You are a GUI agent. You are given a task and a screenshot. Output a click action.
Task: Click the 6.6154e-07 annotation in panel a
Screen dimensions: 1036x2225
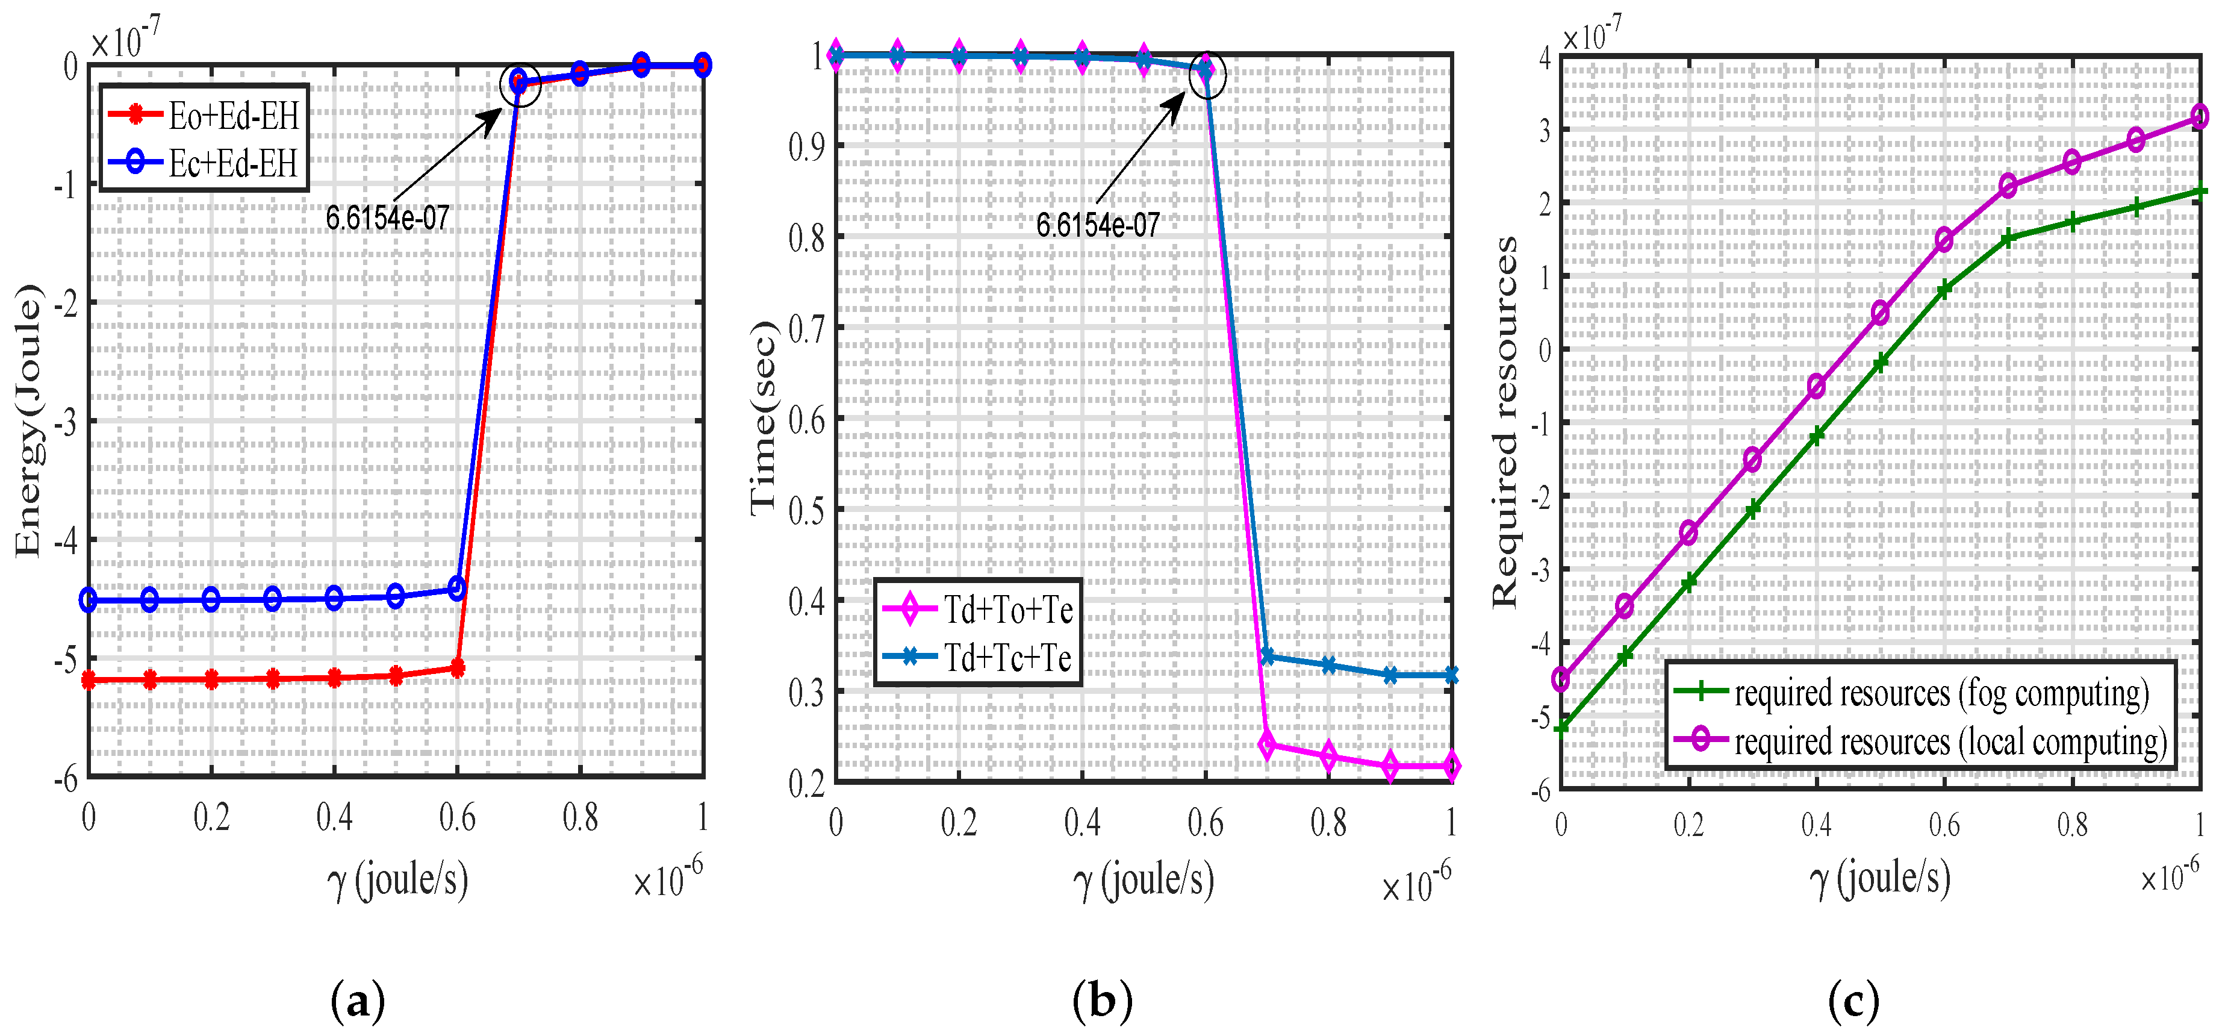click(x=387, y=218)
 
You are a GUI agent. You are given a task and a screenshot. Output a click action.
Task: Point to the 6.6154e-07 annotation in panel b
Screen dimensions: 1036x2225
click(x=1097, y=225)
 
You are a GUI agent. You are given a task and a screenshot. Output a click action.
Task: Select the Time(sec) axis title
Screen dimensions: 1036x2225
click(x=764, y=418)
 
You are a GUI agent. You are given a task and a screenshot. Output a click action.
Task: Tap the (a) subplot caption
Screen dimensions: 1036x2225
click(x=358, y=1002)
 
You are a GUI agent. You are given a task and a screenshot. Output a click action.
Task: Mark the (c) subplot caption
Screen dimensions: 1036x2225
click(x=1853, y=1002)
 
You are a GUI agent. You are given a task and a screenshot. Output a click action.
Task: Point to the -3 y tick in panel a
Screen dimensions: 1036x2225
click(x=66, y=422)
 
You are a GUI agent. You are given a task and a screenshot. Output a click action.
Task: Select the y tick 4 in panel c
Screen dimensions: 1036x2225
click(x=1545, y=57)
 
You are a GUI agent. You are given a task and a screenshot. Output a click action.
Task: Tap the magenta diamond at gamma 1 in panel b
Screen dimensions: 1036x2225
click(x=1451, y=766)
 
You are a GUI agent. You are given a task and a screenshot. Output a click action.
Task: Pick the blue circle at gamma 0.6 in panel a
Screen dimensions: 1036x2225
click(x=457, y=588)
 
